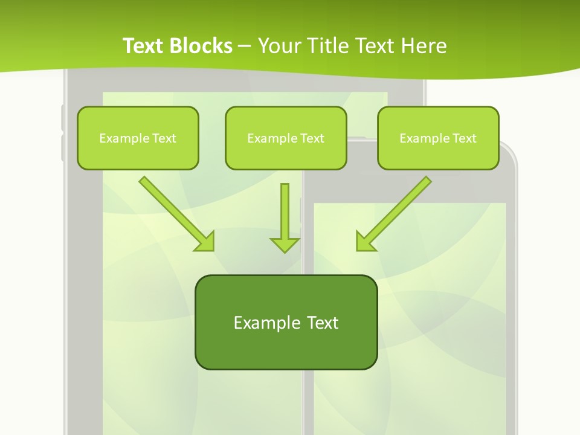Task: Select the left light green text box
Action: [x=138, y=138]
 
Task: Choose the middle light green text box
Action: [x=286, y=138]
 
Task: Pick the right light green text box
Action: [x=438, y=138]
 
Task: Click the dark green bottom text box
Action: [x=286, y=322]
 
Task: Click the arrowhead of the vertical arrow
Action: [x=285, y=245]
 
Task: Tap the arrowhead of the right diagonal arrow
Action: [x=364, y=242]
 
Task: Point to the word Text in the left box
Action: [x=164, y=138]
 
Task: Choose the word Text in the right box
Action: [x=464, y=138]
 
